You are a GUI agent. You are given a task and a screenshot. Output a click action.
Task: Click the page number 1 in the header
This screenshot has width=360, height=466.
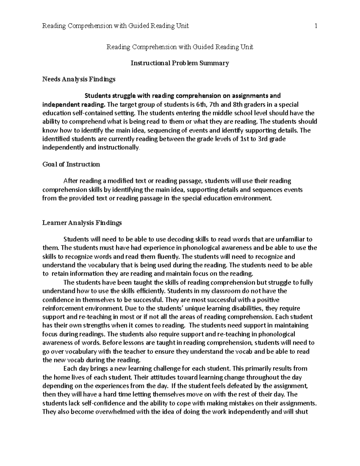coord(316,26)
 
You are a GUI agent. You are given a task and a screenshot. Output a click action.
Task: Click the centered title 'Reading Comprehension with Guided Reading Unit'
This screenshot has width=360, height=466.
coord(180,47)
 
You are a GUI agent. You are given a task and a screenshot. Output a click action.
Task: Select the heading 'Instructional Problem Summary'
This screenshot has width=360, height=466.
coord(180,63)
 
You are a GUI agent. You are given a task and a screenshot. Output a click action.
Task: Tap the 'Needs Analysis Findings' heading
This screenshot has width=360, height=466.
coord(79,80)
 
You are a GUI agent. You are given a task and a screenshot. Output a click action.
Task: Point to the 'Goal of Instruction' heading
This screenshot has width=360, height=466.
coord(71,164)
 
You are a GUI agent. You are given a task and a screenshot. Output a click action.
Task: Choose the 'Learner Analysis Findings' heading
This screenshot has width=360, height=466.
coord(82,223)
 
